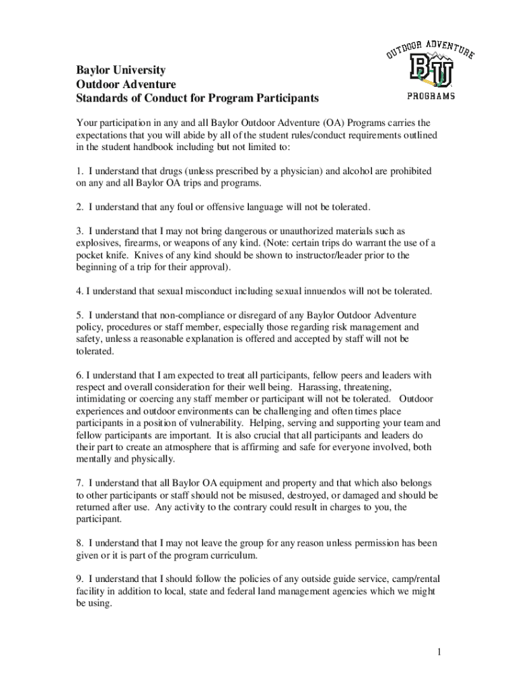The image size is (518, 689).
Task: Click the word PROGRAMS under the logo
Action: click(x=431, y=96)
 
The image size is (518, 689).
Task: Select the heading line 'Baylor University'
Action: click(x=120, y=70)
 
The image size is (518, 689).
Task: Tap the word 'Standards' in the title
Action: click(x=100, y=99)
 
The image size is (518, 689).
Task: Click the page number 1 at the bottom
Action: click(x=437, y=652)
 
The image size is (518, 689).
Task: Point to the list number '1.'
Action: click(x=79, y=172)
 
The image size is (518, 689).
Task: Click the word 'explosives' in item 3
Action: click(x=97, y=243)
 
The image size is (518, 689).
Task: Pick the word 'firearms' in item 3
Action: click(x=141, y=243)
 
